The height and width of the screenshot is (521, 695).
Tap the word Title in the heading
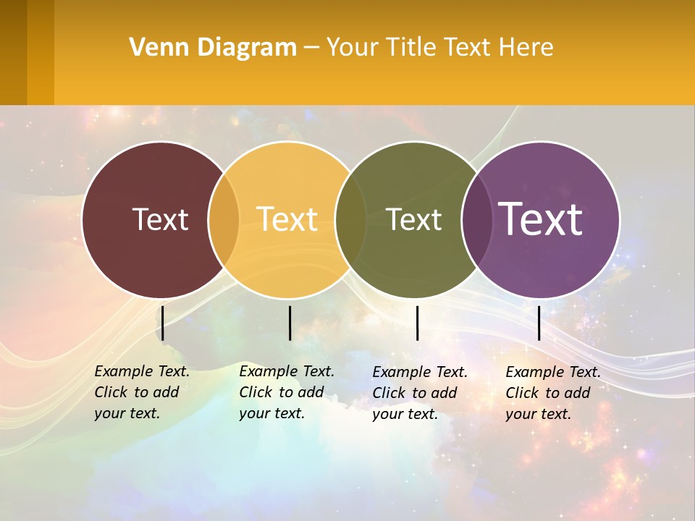(411, 48)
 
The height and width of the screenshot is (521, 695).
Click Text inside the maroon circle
(160, 219)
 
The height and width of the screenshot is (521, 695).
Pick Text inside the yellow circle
(287, 219)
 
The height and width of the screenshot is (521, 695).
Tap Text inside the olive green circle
(413, 219)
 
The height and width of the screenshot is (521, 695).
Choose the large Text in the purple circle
(540, 219)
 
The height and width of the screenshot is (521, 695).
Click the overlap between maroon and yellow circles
(224, 219)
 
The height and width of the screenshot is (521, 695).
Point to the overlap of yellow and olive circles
(350, 219)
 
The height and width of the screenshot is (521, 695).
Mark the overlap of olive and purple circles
(476, 219)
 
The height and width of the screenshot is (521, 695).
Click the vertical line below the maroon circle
(163, 323)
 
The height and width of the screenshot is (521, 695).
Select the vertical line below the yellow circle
(290, 323)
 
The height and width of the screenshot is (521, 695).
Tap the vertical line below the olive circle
(417, 323)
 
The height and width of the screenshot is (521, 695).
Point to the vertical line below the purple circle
(539, 323)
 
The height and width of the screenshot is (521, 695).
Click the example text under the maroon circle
(141, 392)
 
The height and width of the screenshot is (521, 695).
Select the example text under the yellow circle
(286, 392)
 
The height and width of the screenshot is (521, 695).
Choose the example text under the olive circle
(419, 393)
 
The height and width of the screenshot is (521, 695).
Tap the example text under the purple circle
(552, 393)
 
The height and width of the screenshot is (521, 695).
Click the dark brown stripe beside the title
(13, 52)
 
